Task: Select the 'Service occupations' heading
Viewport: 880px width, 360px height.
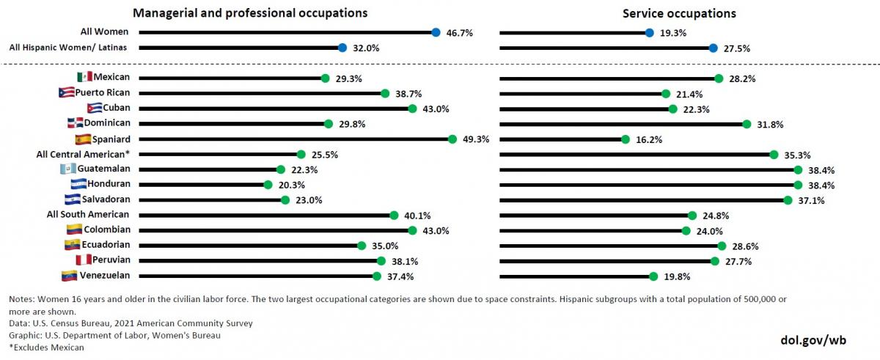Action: click(679, 13)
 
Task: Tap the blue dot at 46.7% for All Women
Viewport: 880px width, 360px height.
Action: click(436, 32)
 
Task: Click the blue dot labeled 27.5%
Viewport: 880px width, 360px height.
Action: click(714, 48)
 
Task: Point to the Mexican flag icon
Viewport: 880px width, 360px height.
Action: click(84, 78)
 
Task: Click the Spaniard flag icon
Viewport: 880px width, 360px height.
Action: click(82, 139)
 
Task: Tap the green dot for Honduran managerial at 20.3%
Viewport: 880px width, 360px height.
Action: click(268, 185)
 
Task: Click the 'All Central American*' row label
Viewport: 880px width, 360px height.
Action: click(83, 154)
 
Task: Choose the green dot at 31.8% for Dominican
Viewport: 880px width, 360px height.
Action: click(747, 124)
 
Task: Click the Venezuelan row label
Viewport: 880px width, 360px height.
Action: click(105, 276)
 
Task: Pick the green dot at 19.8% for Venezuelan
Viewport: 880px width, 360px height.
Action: click(653, 276)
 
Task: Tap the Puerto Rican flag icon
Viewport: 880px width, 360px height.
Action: click(66, 93)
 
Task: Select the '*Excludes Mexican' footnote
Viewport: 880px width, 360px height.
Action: click(47, 347)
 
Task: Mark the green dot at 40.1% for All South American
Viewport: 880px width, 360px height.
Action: click(394, 216)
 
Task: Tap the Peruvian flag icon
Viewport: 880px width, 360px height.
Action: click(83, 260)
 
